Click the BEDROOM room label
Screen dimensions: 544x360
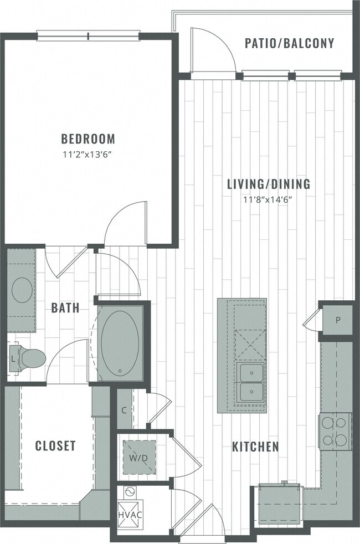(88, 138)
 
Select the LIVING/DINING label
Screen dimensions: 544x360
(269, 184)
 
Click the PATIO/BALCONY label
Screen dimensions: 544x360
(289, 43)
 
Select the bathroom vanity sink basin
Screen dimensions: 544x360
(22, 289)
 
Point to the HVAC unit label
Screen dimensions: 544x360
(130, 515)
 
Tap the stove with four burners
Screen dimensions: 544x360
(335, 432)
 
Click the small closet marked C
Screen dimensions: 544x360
(125, 410)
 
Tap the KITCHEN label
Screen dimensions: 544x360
(255, 447)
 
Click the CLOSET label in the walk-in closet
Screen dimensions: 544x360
(55, 446)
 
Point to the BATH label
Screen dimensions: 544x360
(65, 308)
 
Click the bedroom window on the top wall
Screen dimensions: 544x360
(88, 37)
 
